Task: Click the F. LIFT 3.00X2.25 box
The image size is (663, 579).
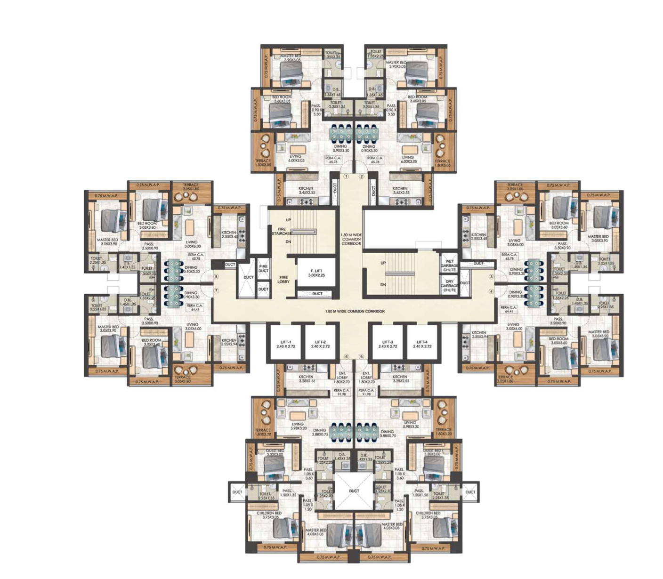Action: [316, 273]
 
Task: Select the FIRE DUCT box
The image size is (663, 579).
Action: [263, 269]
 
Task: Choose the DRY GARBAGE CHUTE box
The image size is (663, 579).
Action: [450, 286]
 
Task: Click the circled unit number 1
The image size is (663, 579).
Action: [346, 177]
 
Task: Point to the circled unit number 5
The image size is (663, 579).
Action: [362, 356]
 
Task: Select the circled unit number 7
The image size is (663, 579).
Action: [216, 291]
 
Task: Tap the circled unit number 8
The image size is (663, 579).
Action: [216, 277]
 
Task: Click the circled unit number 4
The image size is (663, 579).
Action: [491, 291]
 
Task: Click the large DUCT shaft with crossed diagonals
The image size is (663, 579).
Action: [354, 491]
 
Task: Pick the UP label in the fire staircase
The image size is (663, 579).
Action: [288, 220]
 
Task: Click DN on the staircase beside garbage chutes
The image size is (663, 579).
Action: [383, 284]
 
